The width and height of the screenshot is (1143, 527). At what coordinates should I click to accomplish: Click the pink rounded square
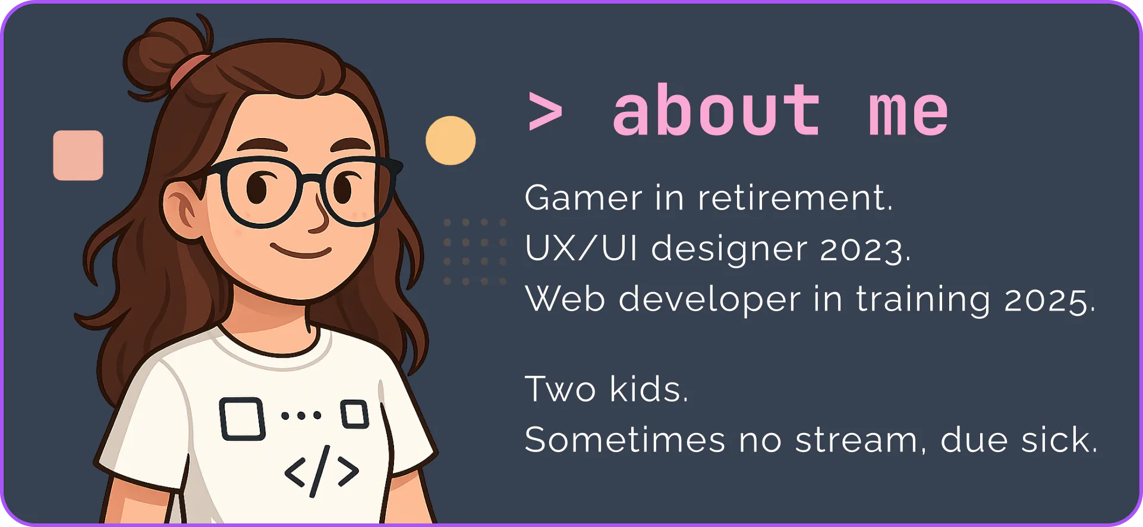[78, 155]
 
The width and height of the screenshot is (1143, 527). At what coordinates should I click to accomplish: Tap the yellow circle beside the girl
[451, 140]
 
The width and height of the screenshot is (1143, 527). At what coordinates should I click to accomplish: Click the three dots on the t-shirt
[301, 415]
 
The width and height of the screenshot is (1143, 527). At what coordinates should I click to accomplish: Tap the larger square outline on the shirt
[242, 419]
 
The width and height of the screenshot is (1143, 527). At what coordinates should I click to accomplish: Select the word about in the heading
[716, 109]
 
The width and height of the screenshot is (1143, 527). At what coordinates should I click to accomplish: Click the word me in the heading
[908, 114]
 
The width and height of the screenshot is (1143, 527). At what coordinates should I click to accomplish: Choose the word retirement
[795, 197]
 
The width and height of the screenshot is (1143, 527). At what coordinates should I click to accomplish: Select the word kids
[648, 389]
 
